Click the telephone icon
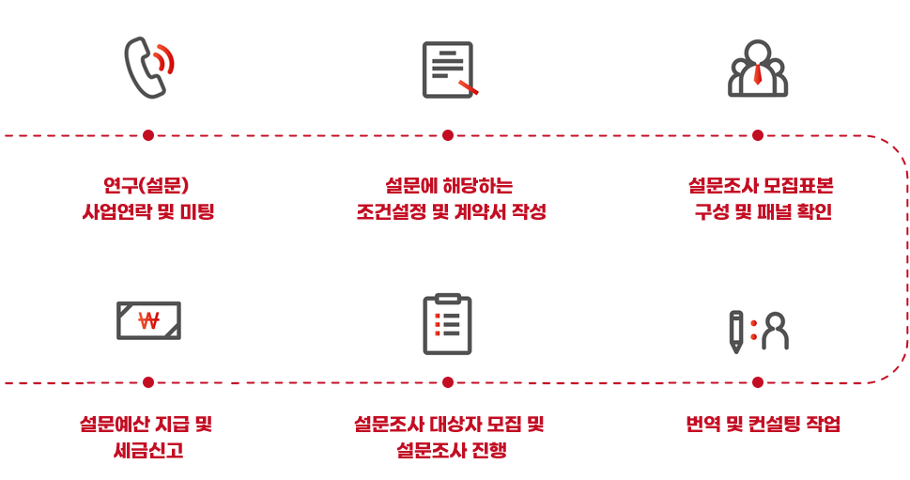pos(148,69)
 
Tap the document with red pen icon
pos(449,70)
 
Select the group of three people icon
pos(758,69)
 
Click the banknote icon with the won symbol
pos(148,320)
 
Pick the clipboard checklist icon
pos(448,324)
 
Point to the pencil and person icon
pos(758,330)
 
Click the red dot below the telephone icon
pos(148,135)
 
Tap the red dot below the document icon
pos(448,135)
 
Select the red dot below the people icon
pos(758,135)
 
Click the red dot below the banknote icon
pos(148,382)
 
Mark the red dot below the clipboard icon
pos(448,382)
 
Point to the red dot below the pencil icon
pos(758,382)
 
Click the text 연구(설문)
pos(148,185)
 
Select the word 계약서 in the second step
pos(478,211)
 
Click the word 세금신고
pos(147,450)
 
